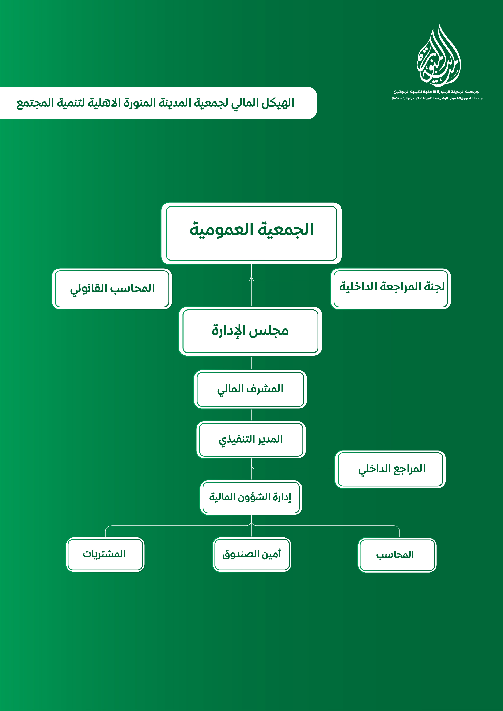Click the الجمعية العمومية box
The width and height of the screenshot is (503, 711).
point(251,233)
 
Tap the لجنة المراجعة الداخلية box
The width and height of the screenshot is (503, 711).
point(391,289)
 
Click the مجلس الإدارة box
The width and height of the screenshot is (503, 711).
point(250,331)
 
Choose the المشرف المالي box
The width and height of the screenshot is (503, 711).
point(250,389)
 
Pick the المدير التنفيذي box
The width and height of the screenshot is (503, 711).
point(251,440)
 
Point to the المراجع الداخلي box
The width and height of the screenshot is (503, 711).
point(390,469)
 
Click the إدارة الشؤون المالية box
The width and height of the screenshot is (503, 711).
point(251,497)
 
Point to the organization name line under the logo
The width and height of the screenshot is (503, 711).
point(436,92)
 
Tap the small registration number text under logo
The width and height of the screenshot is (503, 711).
point(437,98)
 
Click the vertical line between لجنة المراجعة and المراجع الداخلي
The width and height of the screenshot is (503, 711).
point(392,379)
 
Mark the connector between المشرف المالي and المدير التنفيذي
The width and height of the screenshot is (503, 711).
point(251,415)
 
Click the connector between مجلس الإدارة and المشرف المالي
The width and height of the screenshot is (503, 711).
point(251,363)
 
